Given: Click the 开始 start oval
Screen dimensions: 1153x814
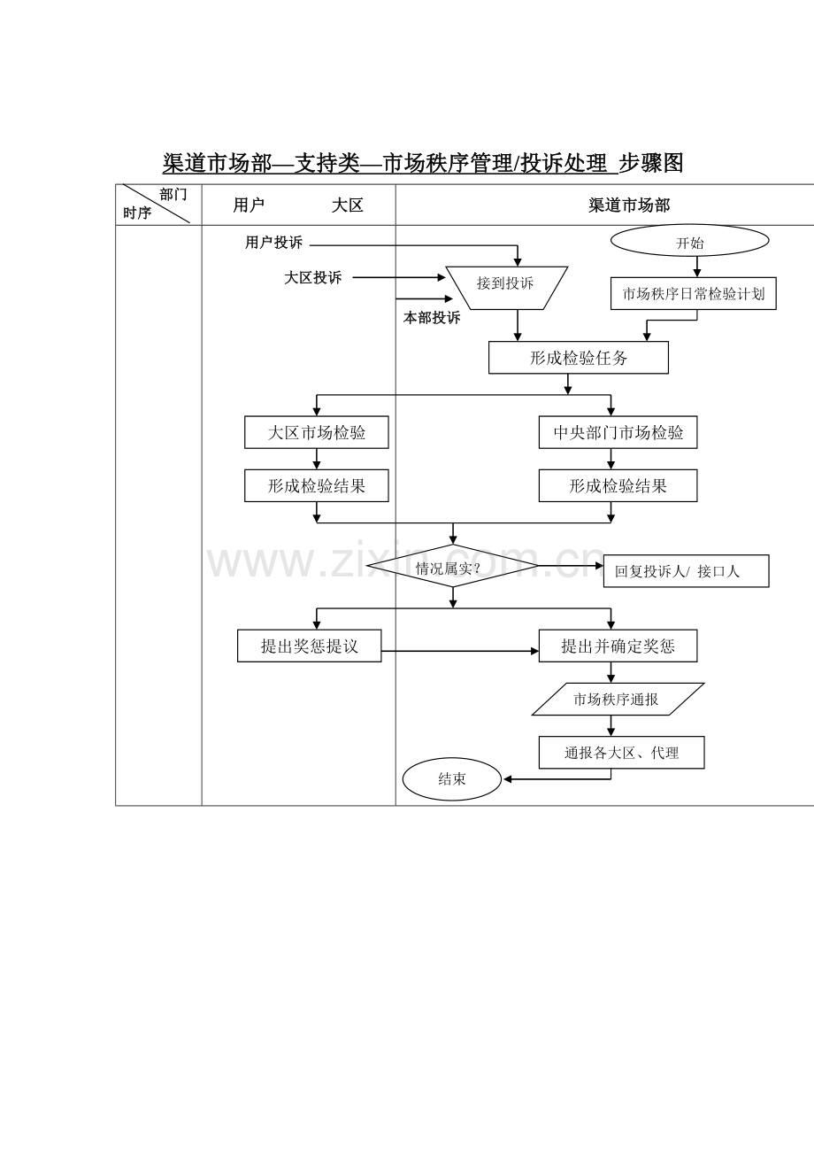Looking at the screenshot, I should coord(690,241).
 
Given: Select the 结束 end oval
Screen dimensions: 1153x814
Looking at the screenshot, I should coord(452,779).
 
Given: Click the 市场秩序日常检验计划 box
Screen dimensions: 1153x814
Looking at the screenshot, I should coord(693,294).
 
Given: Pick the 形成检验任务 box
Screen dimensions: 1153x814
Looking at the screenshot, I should coord(579,358).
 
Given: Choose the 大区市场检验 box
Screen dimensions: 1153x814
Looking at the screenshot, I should coord(317,433).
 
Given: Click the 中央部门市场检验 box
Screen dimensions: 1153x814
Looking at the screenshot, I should coord(618,433).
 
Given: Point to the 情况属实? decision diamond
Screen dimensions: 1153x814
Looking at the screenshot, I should coord(452,567).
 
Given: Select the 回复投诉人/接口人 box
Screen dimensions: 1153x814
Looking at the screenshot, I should coord(685,571).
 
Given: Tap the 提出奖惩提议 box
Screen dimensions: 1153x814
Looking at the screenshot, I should coord(309,646).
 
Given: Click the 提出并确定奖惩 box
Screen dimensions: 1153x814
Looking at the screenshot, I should coord(618,646).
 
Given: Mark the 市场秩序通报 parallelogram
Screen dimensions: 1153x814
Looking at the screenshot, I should coord(618,700).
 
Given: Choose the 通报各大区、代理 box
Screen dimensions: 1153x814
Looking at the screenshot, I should coord(621,753).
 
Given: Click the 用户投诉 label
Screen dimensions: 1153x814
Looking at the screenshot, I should coord(273,243).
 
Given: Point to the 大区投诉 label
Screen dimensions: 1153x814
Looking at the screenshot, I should coord(312,278).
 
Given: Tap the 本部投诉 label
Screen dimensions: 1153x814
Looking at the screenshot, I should coord(432,318).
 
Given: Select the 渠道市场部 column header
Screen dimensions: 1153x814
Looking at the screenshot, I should coord(629,205).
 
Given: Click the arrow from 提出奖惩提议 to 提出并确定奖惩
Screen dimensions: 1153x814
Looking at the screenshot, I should coord(460,651).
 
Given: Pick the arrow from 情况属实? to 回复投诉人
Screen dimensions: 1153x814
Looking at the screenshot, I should coord(571,565).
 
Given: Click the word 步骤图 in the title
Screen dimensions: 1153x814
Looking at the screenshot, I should coord(651,163).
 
